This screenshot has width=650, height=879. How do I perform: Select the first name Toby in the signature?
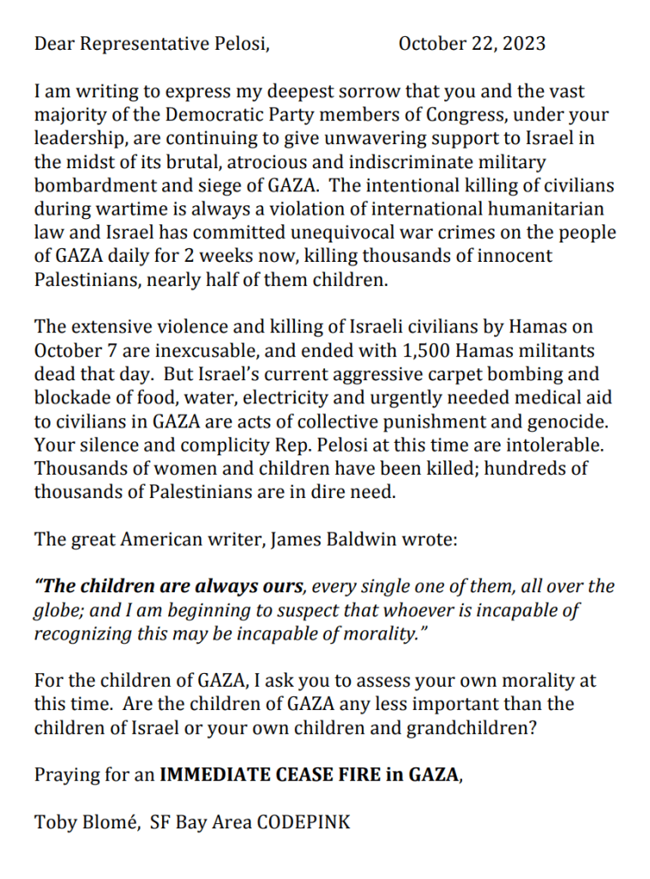tap(54, 821)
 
